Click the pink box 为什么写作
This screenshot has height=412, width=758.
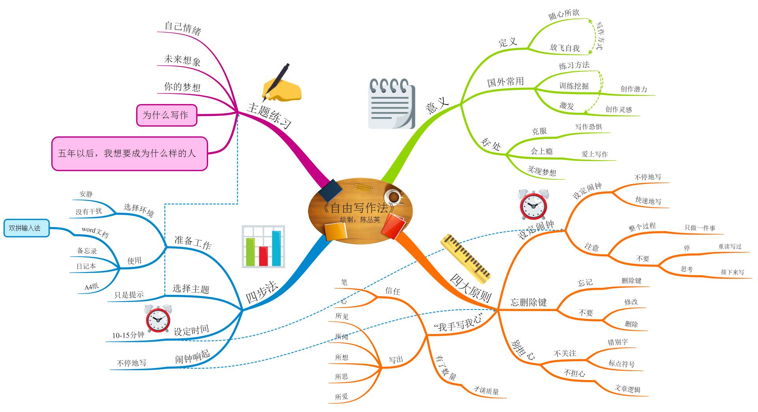coord(166,115)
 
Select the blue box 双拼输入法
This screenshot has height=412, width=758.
coord(26,228)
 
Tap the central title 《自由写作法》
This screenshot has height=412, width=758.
coord(358,208)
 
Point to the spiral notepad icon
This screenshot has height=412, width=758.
coord(391,103)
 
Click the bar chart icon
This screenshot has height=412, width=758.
coord(263,247)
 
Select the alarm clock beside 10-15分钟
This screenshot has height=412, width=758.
coord(158,318)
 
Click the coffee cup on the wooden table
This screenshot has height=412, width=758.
coord(393,196)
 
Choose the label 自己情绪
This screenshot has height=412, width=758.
coord(183,28)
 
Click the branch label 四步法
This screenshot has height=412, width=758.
coord(262,293)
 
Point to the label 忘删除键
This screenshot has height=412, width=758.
coord(528,302)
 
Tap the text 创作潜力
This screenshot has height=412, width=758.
coord(634,89)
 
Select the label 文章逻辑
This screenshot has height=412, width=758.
coord(627,389)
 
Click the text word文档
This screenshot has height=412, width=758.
coord(95,232)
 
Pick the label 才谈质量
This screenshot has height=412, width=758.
coord(486,390)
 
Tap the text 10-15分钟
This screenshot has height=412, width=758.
coord(128,335)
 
